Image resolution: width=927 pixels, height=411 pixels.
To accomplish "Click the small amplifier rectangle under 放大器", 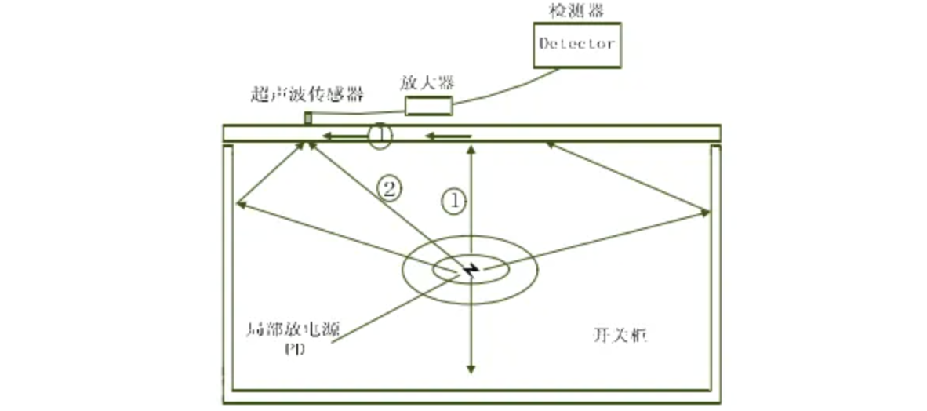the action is (428, 106).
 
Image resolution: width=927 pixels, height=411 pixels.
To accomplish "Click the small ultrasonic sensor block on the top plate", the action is (308, 118).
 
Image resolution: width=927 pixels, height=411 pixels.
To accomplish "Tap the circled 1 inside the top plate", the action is (379, 136).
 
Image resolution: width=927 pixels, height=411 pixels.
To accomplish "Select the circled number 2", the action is (390, 187).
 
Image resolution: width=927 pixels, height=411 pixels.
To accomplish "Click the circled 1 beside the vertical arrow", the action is (453, 200).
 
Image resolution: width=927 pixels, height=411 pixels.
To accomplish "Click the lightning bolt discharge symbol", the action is (471, 270).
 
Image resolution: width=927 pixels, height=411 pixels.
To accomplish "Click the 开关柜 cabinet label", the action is (619, 335).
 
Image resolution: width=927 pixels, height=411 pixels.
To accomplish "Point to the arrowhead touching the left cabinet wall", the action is (238, 205).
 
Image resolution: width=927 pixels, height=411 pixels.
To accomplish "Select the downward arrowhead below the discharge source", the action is (471, 368).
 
